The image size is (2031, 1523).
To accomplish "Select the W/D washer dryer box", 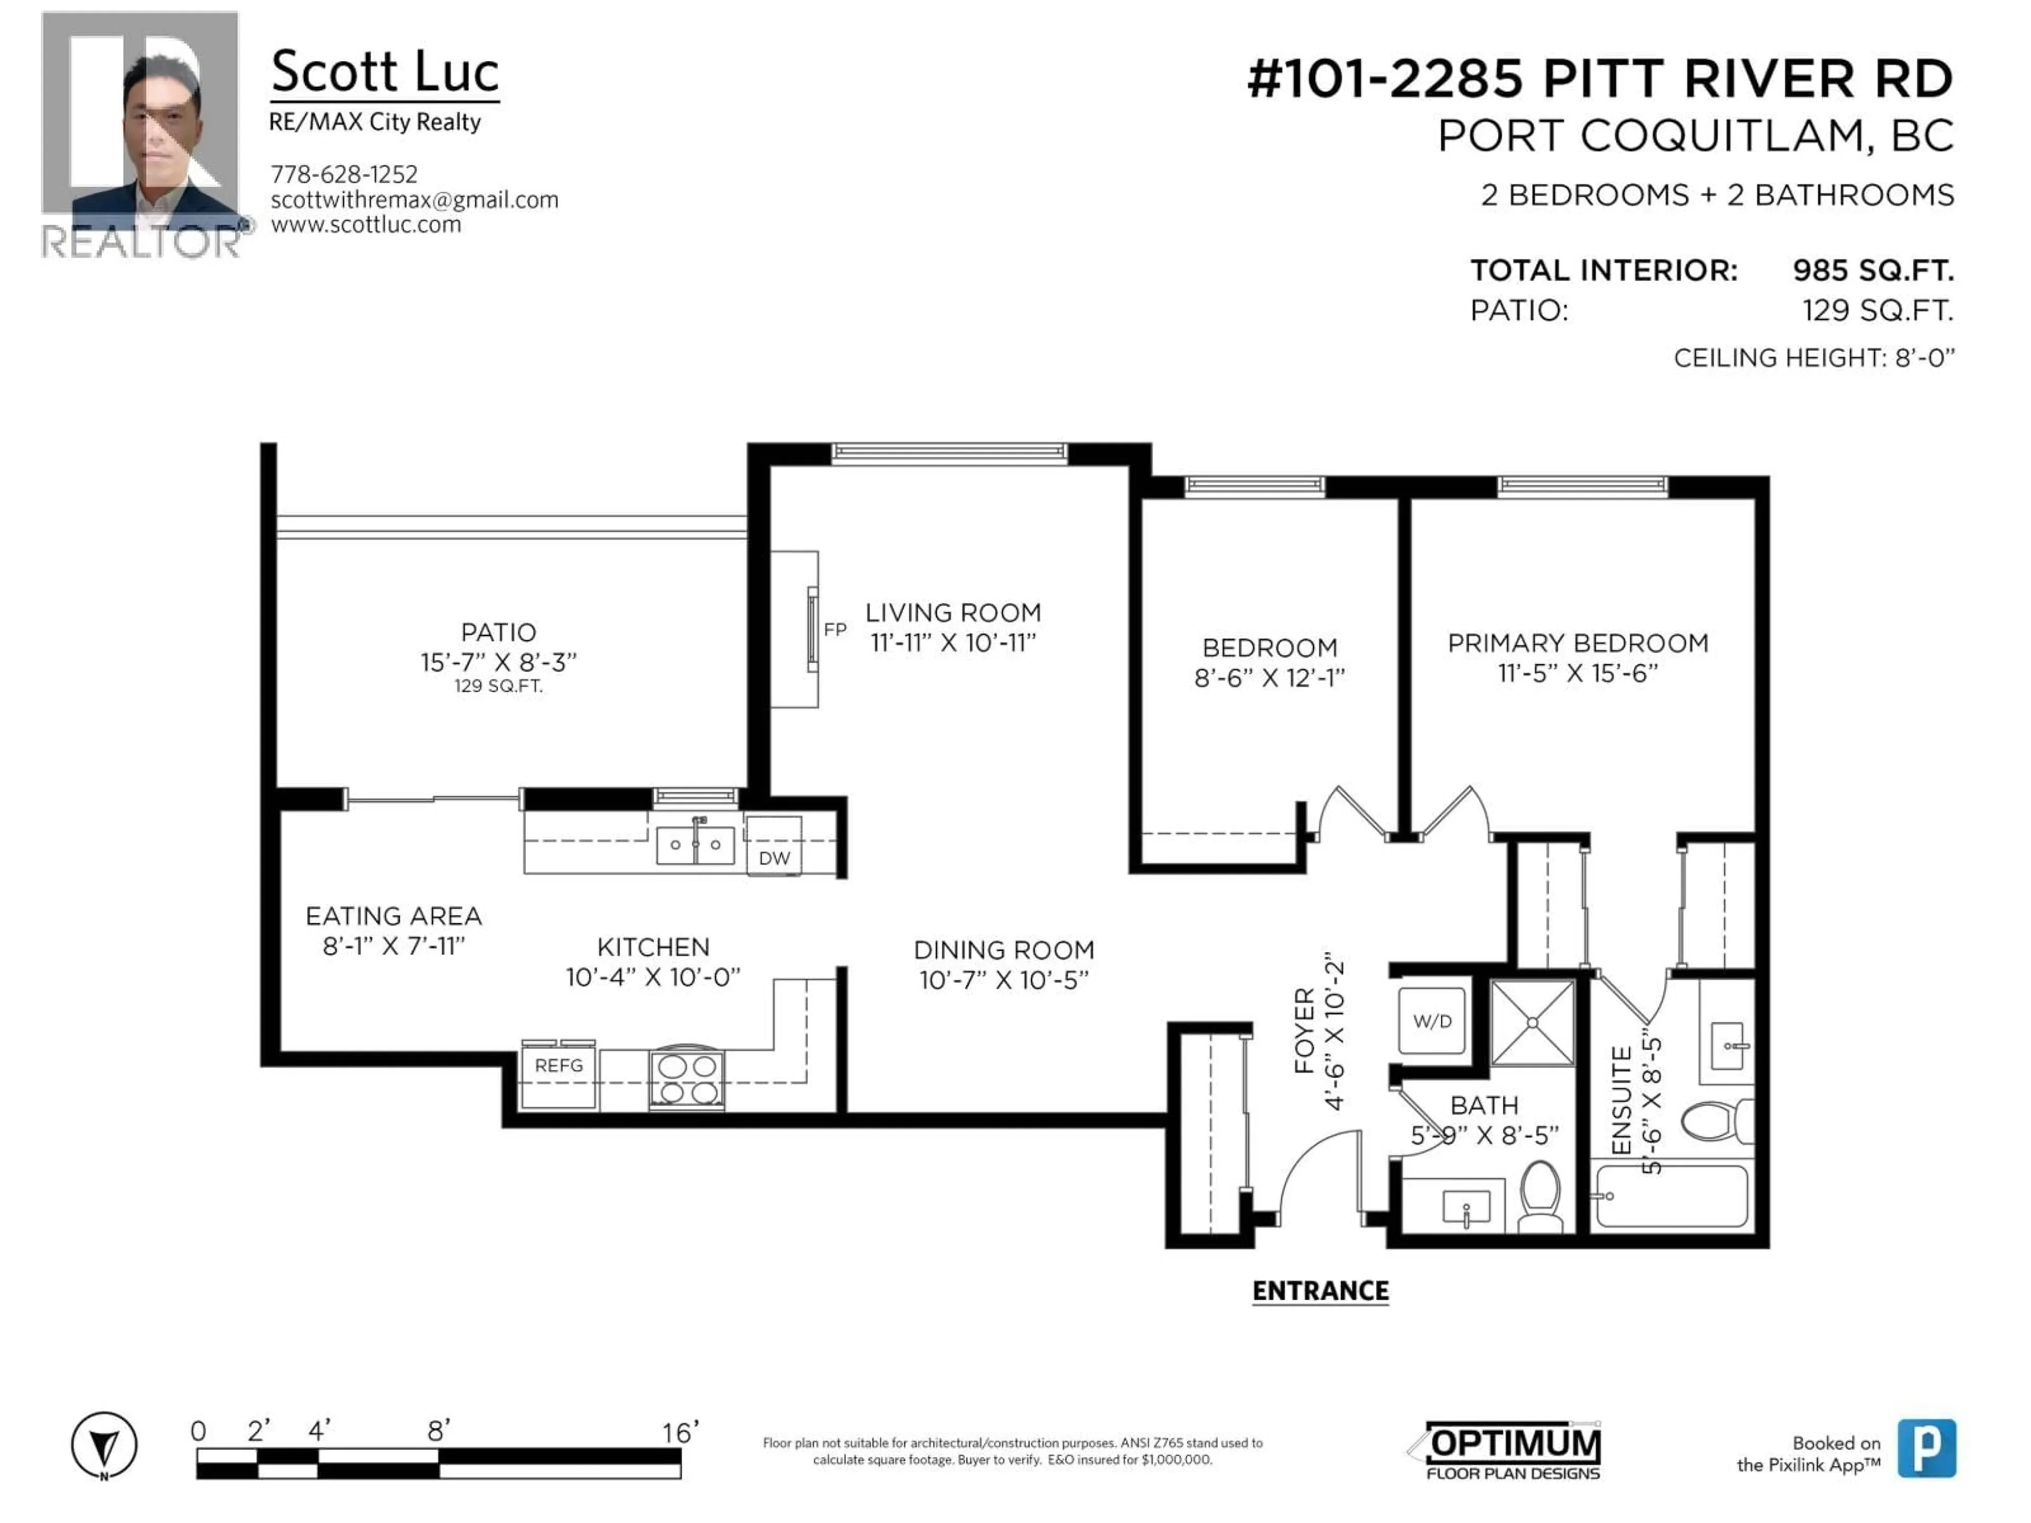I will click(1431, 1021).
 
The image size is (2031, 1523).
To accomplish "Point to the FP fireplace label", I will click(835, 630).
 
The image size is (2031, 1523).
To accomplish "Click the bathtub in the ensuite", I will click(1671, 1195).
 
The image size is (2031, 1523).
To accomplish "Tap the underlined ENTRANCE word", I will click(1320, 1291).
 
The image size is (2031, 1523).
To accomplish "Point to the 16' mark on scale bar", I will click(680, 1432).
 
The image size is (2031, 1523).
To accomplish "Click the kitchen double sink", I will click(695, 845).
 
